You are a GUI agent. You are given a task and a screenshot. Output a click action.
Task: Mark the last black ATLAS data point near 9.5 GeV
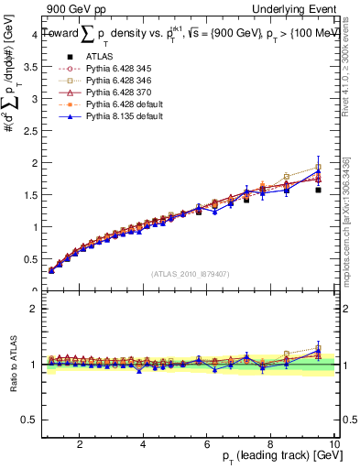pyautogui.click(x=318, y=191)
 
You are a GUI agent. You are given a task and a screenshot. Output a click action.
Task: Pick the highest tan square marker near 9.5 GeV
pyautogui.click(x=318, y=168)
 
